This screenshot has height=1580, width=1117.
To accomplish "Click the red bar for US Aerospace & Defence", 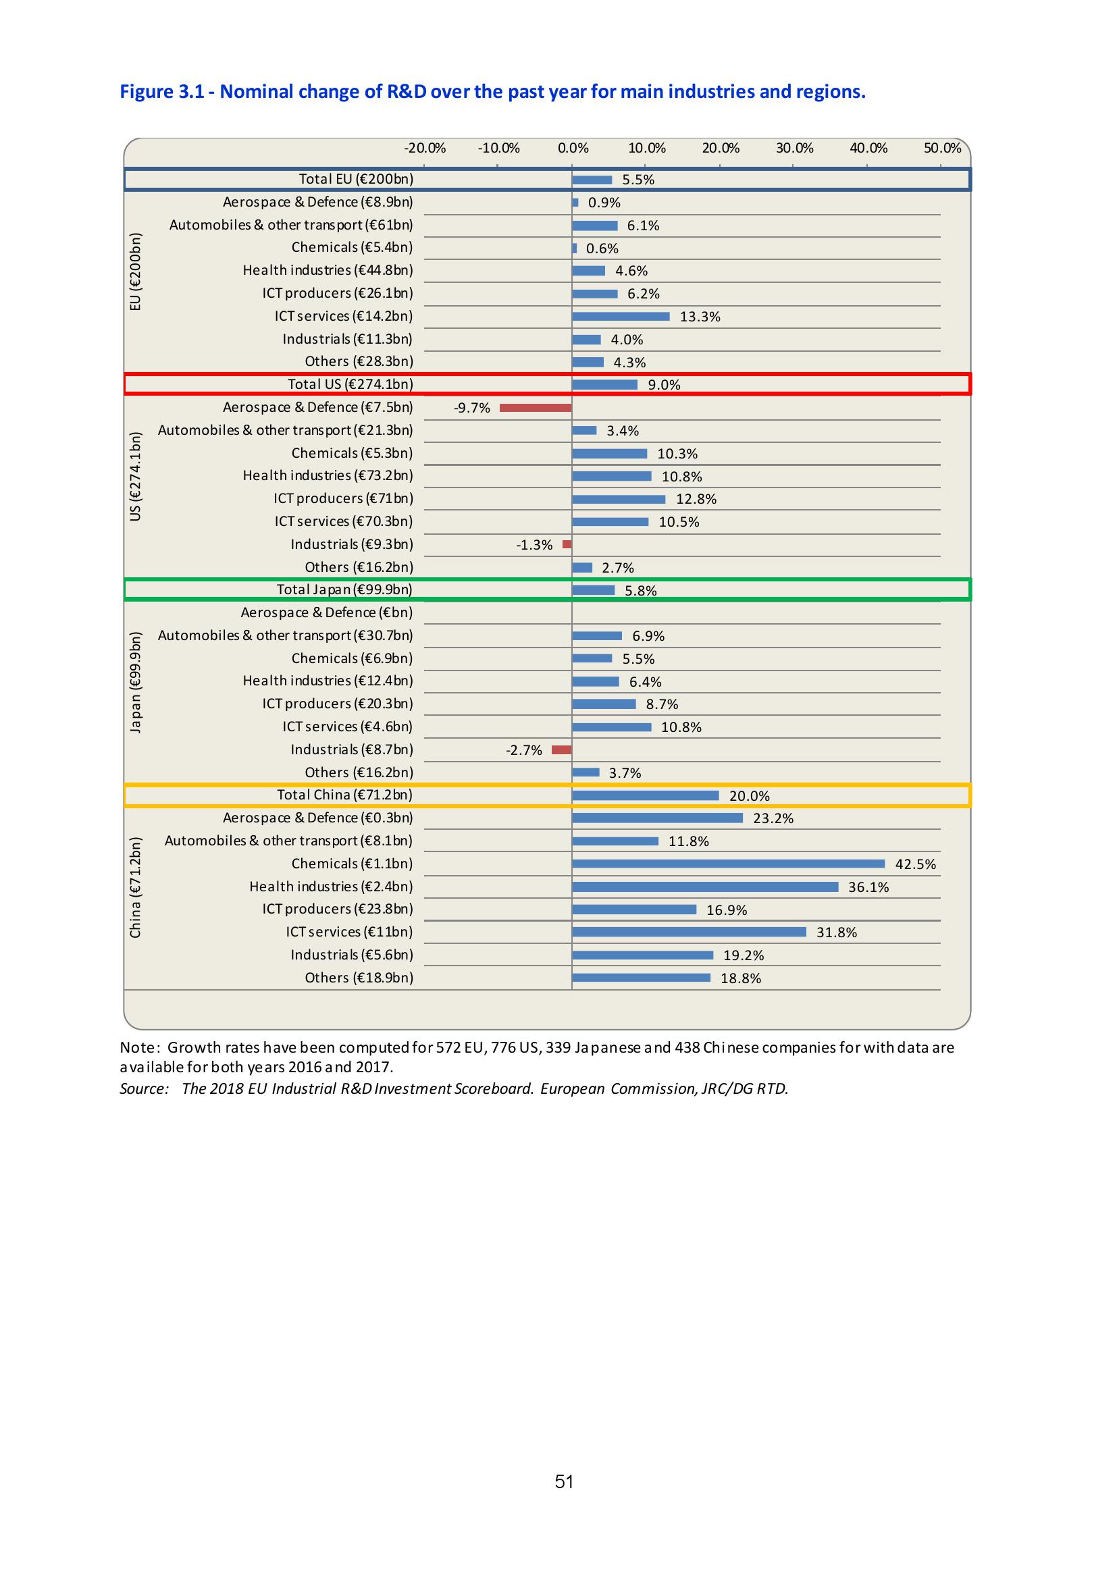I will click(536, 408).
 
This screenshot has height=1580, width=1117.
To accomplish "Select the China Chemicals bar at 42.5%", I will click(728, 864).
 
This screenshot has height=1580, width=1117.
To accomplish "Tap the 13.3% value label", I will click(700, 317).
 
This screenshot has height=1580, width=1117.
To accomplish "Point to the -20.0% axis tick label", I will click(425, 148).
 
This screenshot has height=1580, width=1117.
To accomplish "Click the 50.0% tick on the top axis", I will click(942, 148).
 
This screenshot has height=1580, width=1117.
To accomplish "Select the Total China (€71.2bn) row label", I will click(345, 795).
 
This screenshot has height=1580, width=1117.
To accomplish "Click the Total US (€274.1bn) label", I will click(350, 384).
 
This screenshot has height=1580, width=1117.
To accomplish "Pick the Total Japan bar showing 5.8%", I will click(593, 589).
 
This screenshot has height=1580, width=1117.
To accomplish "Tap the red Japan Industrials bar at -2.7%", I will click(562, 750).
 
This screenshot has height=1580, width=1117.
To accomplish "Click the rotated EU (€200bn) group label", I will click(136, 271).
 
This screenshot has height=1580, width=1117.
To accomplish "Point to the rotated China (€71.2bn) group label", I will click(136, 887).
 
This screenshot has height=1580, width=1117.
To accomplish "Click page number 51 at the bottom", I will click(565, 1481).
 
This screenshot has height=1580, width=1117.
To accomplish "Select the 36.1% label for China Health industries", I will click(868, 887).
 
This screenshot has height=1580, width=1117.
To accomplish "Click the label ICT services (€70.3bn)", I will click(344, 521).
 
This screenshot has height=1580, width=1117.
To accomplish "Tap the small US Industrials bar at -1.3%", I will click(567, 544).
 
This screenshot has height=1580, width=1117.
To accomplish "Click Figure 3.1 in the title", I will click(161, 92).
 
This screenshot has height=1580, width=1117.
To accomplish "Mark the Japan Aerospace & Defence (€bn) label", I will click(327, 612).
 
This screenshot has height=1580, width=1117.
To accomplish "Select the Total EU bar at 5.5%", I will click(592, 180).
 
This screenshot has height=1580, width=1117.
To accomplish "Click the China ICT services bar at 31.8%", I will click(689, 932).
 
